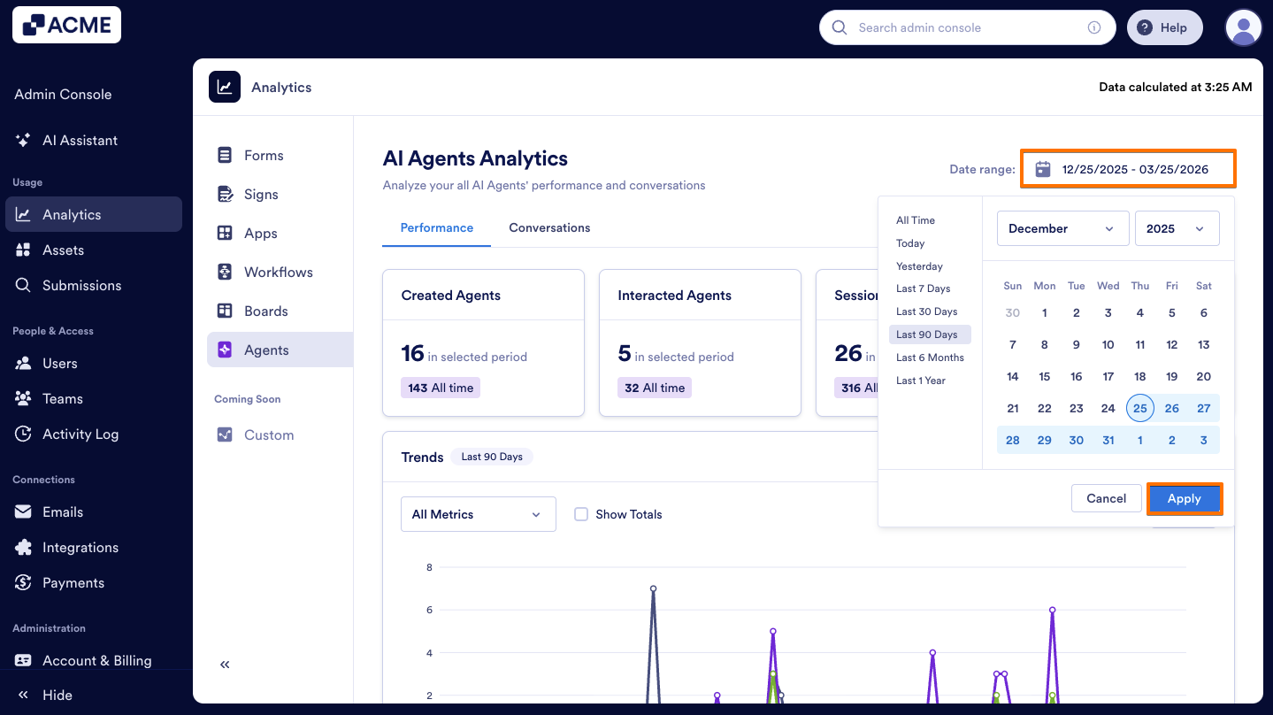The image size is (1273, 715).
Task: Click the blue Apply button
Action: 1184,498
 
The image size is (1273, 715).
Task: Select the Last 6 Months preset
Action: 930,357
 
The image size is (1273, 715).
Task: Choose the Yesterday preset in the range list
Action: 919,266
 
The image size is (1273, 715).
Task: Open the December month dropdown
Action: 1062,228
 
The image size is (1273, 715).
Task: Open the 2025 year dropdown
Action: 1177,228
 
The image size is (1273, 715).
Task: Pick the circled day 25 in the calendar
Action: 1140,408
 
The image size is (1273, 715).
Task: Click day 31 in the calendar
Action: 1108,440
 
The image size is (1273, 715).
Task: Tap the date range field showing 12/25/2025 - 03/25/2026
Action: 1128,169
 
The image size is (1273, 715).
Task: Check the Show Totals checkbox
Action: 581,514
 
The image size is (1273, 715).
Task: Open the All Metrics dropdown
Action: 478,514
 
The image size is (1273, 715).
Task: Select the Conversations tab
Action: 549,227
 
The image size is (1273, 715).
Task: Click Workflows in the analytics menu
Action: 279,273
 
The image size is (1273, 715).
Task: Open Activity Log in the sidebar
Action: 80,434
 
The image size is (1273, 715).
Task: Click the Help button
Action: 1164,27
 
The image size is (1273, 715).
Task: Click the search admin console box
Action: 964,27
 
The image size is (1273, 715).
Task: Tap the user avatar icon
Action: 1243,27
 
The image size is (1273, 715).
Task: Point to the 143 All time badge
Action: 441,388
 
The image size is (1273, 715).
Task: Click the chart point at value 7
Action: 653,588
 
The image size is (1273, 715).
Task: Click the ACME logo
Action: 67,25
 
